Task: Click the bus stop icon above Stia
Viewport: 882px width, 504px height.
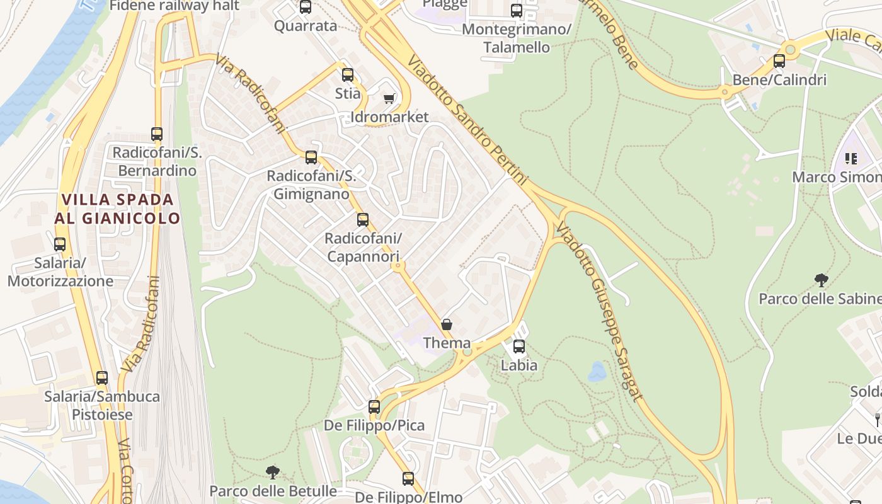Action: [347, 75]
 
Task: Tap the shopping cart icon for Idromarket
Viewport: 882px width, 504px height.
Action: [389, 98]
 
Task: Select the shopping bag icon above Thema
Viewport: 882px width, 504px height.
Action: [447, 324]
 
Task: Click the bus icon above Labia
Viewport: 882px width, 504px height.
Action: [519, 346]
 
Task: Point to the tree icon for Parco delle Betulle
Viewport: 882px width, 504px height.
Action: [272, 472]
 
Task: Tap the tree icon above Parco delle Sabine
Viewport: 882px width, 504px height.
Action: [821, 280]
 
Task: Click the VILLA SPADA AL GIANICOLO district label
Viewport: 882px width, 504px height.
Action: [117, 209]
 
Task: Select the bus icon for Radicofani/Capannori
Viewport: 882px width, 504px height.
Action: [363, 220]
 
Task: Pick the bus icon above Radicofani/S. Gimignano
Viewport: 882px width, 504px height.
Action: [311, 157]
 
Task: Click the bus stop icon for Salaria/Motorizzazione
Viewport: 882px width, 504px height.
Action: [60, 244]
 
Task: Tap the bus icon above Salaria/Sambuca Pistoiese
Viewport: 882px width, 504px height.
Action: [102, 378]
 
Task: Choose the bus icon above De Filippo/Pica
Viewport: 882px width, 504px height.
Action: [374, 407]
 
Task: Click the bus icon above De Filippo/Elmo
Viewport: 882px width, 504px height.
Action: [408, 479]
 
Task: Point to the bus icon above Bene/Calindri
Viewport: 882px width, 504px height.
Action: [779, 61]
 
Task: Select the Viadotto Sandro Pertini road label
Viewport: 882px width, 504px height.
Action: [467, 120]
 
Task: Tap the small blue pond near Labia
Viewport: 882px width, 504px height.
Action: [597, 372]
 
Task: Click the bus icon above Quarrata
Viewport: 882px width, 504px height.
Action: [306, 7]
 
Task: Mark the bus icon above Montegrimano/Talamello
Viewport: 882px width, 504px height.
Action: [517, 11]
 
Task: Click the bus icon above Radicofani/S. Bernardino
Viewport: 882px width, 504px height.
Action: [157, 134]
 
